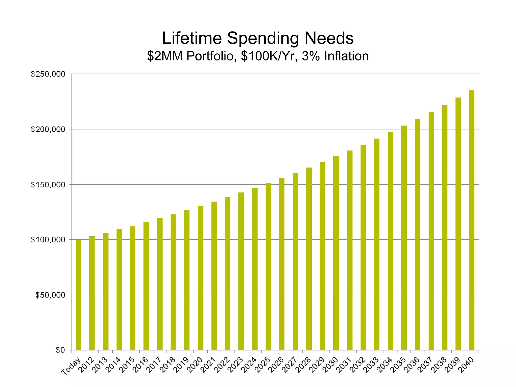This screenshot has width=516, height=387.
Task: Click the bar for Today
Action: click(x=78, y=295)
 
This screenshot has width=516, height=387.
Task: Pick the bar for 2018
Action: click(x=173, y=282)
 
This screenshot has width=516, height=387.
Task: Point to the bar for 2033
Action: click(x=377, y=244)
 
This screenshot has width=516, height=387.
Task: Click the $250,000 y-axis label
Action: click(x=48, y=74)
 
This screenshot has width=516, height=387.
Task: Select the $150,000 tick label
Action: click(x=48, y=185)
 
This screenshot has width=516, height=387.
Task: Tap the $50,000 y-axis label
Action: click(x=50, y=295)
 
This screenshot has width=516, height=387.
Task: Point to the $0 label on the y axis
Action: click(x=60, y=350)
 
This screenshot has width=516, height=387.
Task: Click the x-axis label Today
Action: click(x=71, y=366)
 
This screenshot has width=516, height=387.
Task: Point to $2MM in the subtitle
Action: click(x=165, y=56)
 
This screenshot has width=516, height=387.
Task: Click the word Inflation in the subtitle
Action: click(x=346, y=56)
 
